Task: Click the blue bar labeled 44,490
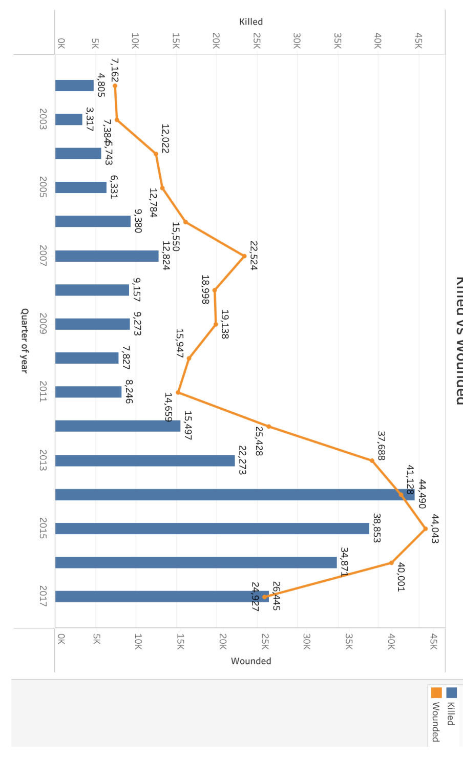(x=235, y=495)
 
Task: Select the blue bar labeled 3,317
(x=69, y=119)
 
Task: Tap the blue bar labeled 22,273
(x=145, y=460)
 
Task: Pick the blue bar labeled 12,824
(x=107, y=256)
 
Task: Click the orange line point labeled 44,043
(x=425, y=529)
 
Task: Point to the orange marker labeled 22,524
(x=244, y=256)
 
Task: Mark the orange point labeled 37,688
(x=372, y=460)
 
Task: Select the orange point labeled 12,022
(x=156, y=154)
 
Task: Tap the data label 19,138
(x=224, y=324)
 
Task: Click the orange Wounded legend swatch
(x=436, y=693)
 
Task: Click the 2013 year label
(x=43, y=460)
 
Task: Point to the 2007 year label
(x=43, y=256)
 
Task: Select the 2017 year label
(x=43, y=596)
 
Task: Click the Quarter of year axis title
(x=24, y=341)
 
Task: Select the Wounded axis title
(x=251, y=661)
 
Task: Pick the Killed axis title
(x=251, y=22)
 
